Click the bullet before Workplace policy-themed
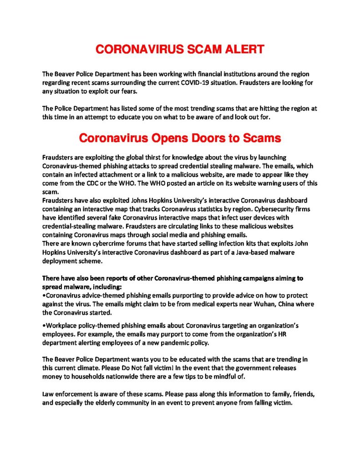[x=43, y=326]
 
